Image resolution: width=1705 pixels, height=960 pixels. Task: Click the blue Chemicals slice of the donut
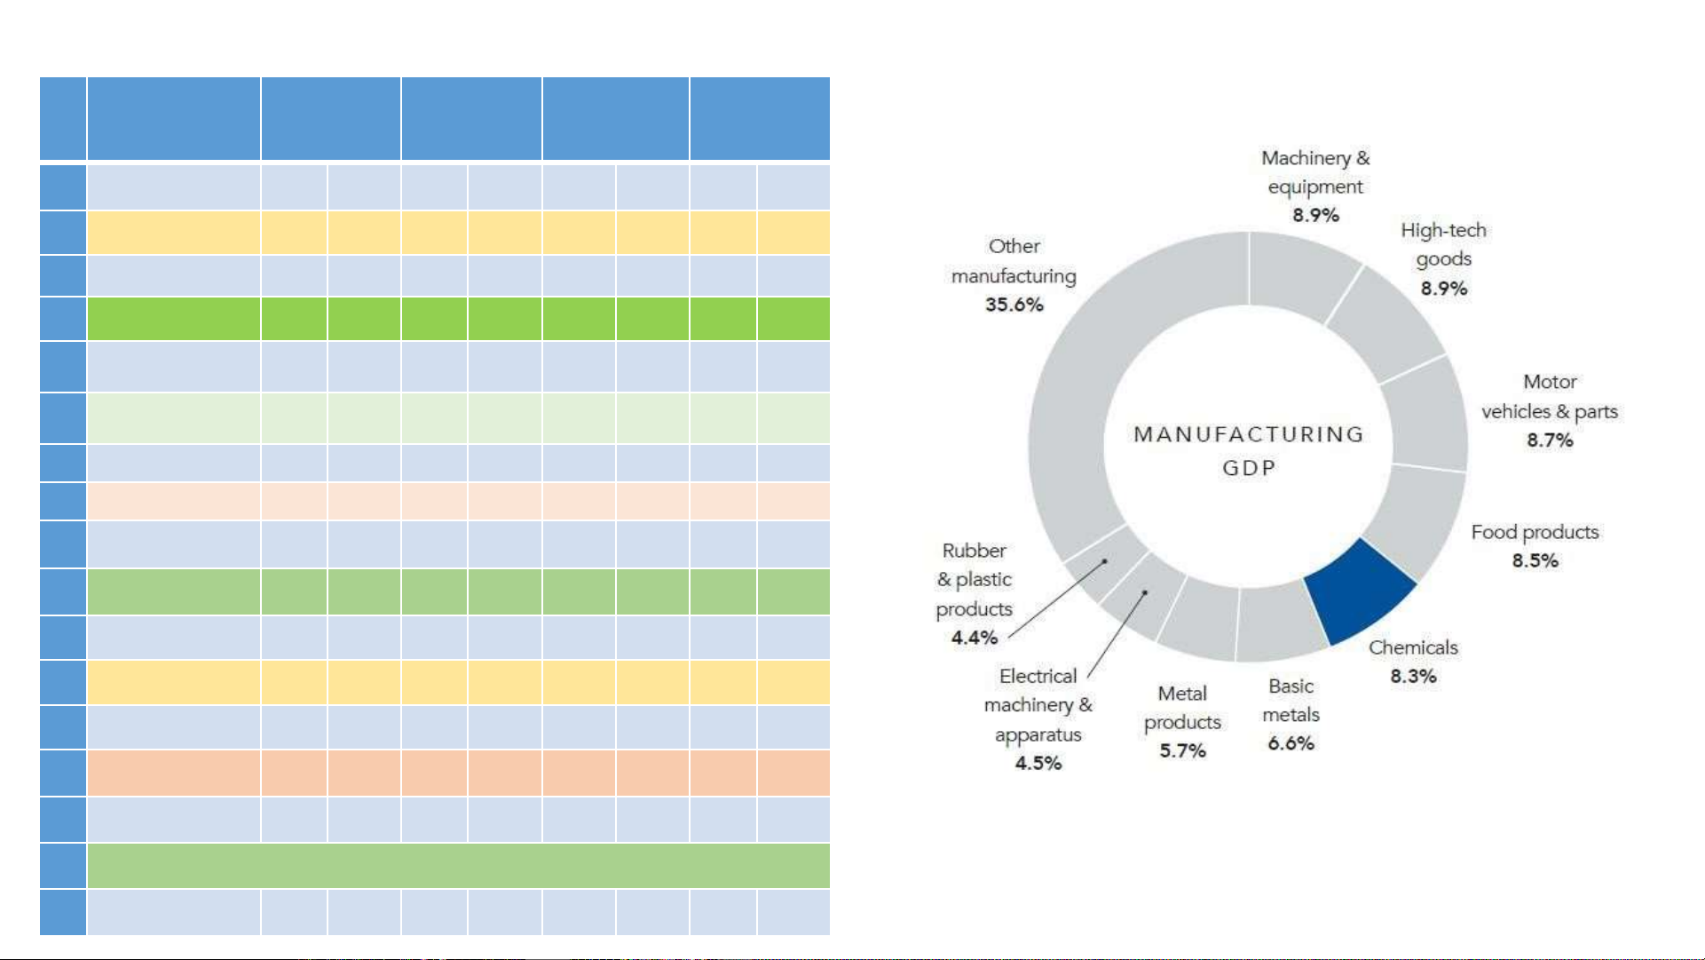coord(1358,590)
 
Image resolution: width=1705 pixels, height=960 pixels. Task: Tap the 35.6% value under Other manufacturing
coord(1014,305)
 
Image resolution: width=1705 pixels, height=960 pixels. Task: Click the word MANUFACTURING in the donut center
coord(1249,434)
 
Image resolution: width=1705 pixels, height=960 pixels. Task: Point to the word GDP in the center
coord(1249,468)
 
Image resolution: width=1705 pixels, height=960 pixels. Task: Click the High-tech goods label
coord(1443,244)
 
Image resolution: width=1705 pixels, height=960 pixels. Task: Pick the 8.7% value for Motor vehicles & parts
coord(1550,440)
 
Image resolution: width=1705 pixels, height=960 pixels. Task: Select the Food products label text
coord(1535,532)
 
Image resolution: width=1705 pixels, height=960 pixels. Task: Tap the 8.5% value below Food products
coord(1535,561)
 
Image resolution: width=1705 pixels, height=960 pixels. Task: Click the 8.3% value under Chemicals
coord(1413,677)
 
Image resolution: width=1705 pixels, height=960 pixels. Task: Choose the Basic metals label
coord(1291,701)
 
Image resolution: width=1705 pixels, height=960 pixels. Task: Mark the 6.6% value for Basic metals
coord(1291,743)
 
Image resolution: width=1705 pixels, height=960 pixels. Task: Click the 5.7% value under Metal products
coord(1182,751)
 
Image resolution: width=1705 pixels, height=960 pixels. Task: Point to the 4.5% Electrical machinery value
coord(1038,764)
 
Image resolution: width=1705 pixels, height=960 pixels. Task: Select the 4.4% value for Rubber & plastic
coord(975,638)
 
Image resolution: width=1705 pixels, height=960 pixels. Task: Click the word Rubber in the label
coord(974,551)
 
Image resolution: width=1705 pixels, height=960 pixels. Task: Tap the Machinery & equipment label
coord(1315,172)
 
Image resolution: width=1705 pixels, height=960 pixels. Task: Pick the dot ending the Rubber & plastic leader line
coord(1105,561)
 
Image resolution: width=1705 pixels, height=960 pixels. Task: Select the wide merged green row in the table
coord(458,866)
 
